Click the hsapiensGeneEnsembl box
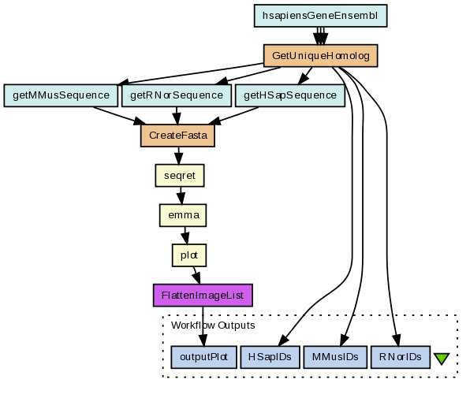[x=320, y=16]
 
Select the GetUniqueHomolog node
[x=320, y=56]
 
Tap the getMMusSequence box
[x=61, y=95]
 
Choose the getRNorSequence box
[x=177, y=95]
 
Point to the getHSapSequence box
[x=290, y=95]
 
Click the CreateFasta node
[x=177, y=136]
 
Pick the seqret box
[x=180, y=176]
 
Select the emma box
[x=183, y=215]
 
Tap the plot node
[x=189, y=255]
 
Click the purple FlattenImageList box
[x=203, y=296]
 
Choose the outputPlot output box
[x=203, y=357]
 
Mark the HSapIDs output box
[x=270, y=357]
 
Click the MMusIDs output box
[x=335, y=357]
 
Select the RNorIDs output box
[x=401, y=357]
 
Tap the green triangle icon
[x=442, y=358]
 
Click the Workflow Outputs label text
[x=213, y=325]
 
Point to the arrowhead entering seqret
[x=179, y=159]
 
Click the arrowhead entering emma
[x=181, y=199]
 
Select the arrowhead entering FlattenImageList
[x=196, y=278]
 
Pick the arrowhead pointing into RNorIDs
[x=396, y=340]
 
